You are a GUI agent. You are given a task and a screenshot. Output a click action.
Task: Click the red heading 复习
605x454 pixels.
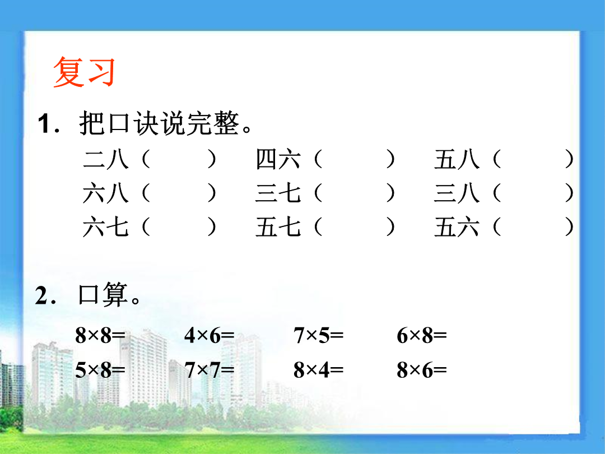point(84,72)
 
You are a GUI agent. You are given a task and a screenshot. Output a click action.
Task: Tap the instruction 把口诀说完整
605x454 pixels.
point(159,123)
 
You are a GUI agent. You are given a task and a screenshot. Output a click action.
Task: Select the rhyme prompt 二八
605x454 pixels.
point(105,159)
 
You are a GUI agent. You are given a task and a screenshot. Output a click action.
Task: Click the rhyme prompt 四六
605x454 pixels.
point(278,159)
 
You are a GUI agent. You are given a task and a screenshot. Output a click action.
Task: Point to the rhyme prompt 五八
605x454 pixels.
point(457,159)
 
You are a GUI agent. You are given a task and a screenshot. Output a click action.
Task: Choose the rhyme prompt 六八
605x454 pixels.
point(105,193)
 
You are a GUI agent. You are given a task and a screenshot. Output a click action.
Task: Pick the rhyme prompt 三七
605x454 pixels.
point(278,193)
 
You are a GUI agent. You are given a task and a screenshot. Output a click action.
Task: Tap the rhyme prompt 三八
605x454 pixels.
point(457,193)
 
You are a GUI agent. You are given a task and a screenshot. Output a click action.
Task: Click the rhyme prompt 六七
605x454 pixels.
point(105,226)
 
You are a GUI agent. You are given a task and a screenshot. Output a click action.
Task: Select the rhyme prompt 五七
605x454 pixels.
point(278,226)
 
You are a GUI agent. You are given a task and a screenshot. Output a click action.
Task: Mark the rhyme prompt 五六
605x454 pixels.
point(457,226)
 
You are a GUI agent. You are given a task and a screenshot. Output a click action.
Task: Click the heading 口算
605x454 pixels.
point(103,295)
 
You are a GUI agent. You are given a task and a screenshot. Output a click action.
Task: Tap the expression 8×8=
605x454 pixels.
point(100,335)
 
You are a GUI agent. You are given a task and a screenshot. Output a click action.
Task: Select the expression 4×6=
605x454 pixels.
point(210,335)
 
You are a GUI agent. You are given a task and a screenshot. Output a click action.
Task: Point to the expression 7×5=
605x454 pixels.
point(318,335)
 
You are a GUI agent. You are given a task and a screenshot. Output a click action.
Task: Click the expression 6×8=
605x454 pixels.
point(422,335)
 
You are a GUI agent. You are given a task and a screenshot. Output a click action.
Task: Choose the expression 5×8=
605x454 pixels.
point(100,370)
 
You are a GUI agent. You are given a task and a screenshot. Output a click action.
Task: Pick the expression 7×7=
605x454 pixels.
point(210,370)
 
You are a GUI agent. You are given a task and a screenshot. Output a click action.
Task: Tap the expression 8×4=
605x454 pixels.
point(318,370)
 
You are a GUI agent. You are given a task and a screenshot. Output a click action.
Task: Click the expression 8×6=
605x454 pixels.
point(422,370)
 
